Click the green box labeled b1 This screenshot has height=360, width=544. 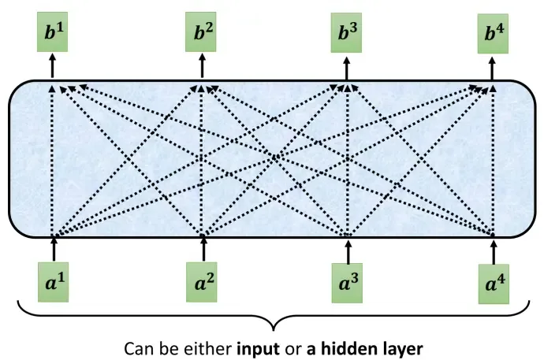(x=52, y=32)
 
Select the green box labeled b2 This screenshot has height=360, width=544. (x=200, y=32)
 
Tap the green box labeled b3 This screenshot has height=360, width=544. (x=346, y=32)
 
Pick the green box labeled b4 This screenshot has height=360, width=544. (x=493, y=34)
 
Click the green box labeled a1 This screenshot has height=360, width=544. (x=53, y=282)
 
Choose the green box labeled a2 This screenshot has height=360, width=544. (x=201, y=282)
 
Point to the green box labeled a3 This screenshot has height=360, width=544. (x=347, y=283)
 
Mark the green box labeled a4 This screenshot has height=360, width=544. (x=494, y=284)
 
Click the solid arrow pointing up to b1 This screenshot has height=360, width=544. (x=52, y=66)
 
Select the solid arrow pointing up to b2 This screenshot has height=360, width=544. (x=202, y=66)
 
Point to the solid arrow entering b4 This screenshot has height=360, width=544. (x=492, y=69)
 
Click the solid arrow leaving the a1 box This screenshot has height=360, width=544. (x=54, y=249)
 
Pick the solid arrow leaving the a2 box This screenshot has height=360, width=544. (x=203, y=249)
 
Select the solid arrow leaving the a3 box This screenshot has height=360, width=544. (x=348, y=251)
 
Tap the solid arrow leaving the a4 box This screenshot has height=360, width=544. (x=494, y=251)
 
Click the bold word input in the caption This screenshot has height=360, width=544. (x=258, y=349)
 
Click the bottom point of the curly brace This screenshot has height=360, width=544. (x=274, y=331)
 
